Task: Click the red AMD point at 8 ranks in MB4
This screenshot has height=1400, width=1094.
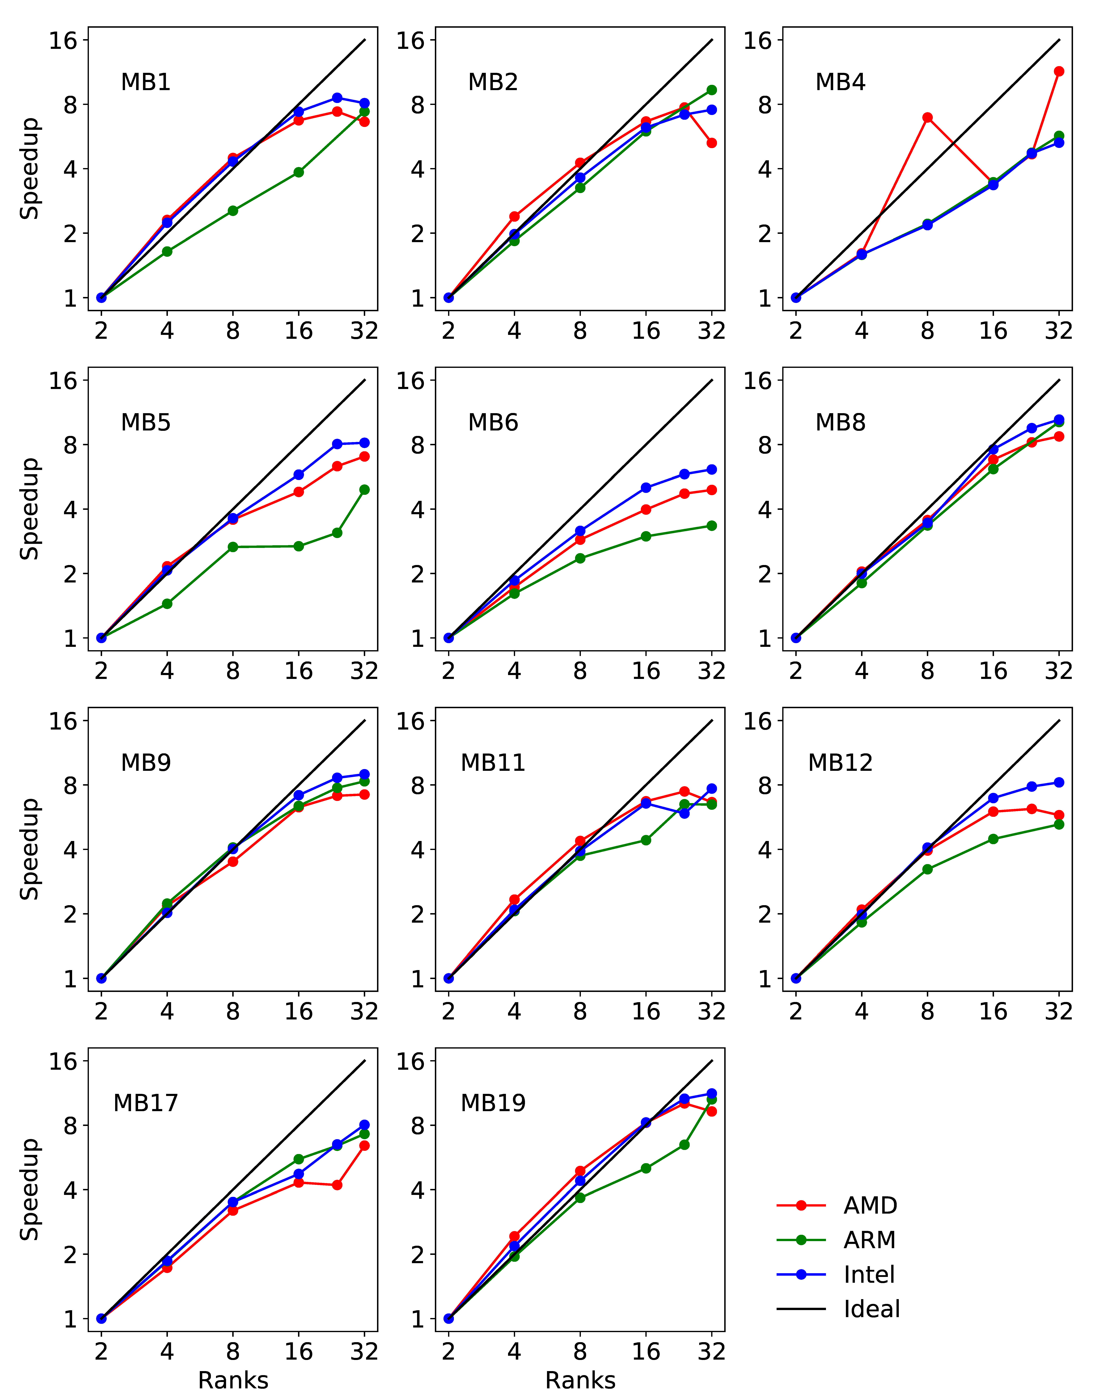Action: pos(927,117)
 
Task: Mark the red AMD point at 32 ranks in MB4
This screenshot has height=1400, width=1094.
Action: pos(1059,71)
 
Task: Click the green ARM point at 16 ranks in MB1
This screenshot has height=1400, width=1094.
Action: pos(299,172)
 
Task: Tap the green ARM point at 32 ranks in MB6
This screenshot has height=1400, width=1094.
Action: pos(711,526)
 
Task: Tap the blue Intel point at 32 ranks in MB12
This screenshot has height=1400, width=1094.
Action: pos(1059,782)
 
